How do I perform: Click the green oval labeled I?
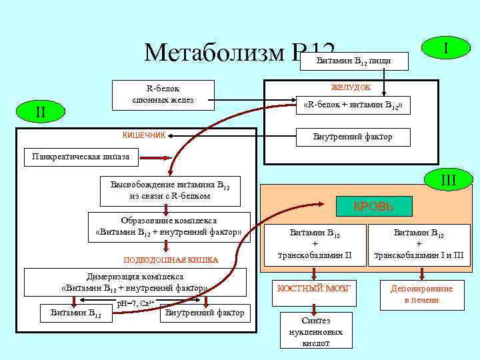click(x=445, y=49)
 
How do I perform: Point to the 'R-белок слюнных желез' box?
click(x=163, y=94)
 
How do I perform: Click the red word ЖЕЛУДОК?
click(x=351, y=87)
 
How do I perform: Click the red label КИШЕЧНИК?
click(x=144, y=135)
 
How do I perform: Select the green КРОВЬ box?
click(x=373, y=207)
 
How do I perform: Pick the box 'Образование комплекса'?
click(x=169, y=227)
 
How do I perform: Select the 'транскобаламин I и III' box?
click(x=419, y=244)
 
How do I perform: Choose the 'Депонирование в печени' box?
click(x=421, y=293)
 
